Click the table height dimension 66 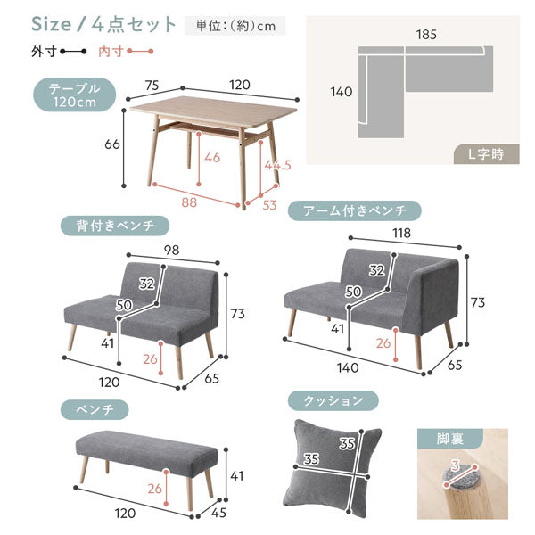point(112,144)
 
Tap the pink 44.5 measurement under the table point(277,165)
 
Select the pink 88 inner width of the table point(189,202)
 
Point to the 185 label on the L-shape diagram point(426,35)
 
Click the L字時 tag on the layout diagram point(486,154)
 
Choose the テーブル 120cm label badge point(74,95)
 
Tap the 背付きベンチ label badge point(115,226)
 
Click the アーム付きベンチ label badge point(355,210)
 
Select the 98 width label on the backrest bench point(171,250)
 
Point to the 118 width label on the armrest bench point(401,233)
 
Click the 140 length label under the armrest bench point(348,367)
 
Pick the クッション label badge point(333,400)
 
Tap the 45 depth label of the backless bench point(218,513)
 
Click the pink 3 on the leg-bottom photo point(455,465)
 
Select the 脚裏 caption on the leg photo point(450,439)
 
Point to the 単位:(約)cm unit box point(235,26)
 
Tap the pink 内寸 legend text point(111,52)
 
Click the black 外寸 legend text point(44,52)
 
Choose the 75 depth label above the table point(152,86)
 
